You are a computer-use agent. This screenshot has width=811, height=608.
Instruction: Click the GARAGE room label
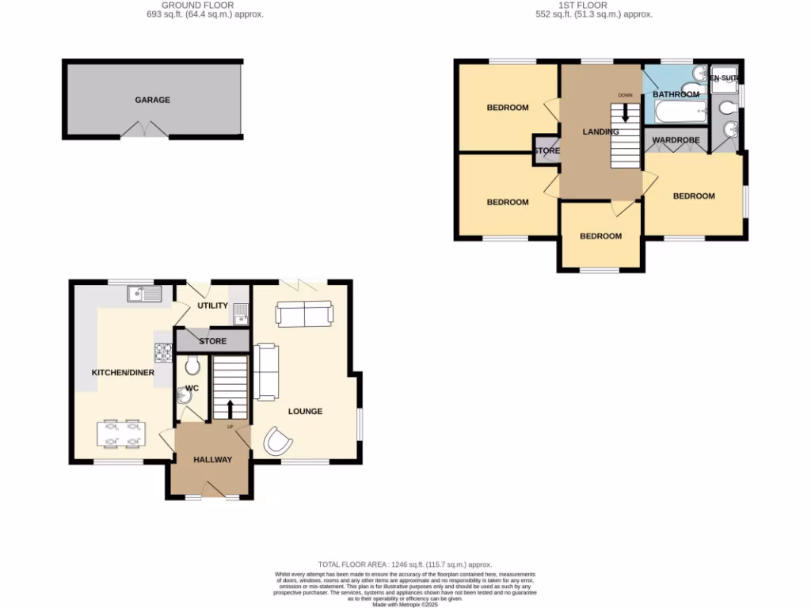(x=152, y=101)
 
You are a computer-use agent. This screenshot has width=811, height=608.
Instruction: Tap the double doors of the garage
(x=144, y=131)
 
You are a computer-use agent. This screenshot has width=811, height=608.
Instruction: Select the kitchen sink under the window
(x=143, y=294)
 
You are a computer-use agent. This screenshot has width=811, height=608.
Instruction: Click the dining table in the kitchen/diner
(x=120, y=433)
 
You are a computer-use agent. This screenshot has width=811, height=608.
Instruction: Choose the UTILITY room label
(x=212, y=306)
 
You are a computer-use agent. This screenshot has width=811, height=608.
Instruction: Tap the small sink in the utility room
(x=241, y=318)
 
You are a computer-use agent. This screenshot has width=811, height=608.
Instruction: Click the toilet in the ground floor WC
(x=190, y=366)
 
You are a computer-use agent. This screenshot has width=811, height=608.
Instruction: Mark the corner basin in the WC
(x=185, y=397)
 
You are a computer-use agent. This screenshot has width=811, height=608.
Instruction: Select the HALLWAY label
(x=212, y=459)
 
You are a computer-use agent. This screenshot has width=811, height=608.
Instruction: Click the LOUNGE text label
(x=305, y=411)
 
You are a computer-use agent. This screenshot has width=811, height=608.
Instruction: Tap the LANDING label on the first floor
(x=600, y=131)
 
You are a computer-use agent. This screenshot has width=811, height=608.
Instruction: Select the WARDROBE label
(x=676, y=140)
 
